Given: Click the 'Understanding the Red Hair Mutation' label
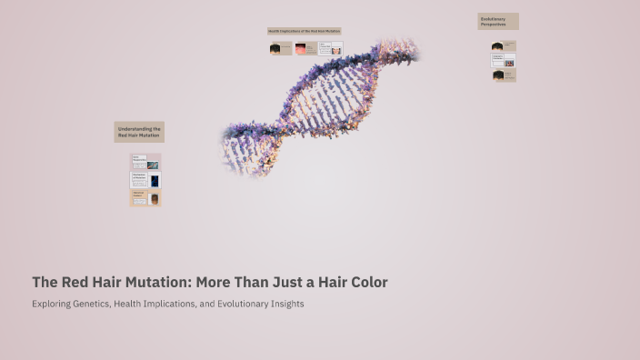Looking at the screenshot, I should pos(139,132).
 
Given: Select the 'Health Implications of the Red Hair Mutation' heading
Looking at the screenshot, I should pos(304,31).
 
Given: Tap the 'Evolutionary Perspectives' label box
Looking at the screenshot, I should pos(498,21).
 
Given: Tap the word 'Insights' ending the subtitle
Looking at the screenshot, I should pos(284,304).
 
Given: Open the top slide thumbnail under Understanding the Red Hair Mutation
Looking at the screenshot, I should pos(145,162).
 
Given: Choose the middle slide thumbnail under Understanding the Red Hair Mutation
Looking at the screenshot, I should pos(145,180).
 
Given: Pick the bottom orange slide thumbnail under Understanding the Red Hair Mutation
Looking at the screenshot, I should pos(145,197).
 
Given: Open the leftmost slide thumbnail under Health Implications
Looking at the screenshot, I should pos(280,48).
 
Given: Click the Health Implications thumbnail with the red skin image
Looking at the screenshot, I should pos(305,48).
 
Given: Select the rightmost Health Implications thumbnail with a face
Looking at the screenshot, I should pos(330,48).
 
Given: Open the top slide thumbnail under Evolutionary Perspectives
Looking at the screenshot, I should pos(504,45).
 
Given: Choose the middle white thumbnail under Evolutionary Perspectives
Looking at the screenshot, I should pos(504,60).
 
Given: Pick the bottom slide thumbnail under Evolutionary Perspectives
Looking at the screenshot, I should pos(504,75).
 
